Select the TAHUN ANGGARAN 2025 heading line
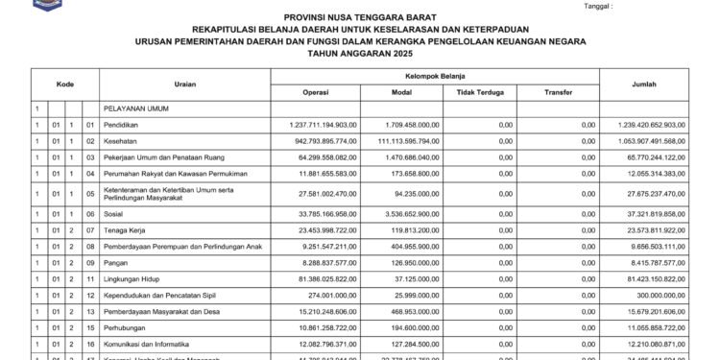[359, 56]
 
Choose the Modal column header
[402, 92]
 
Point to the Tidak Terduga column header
[475, 92]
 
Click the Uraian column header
[185, 84]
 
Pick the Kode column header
[64, 84]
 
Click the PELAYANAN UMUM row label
[135, 109]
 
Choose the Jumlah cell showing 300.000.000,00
[658, 293]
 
